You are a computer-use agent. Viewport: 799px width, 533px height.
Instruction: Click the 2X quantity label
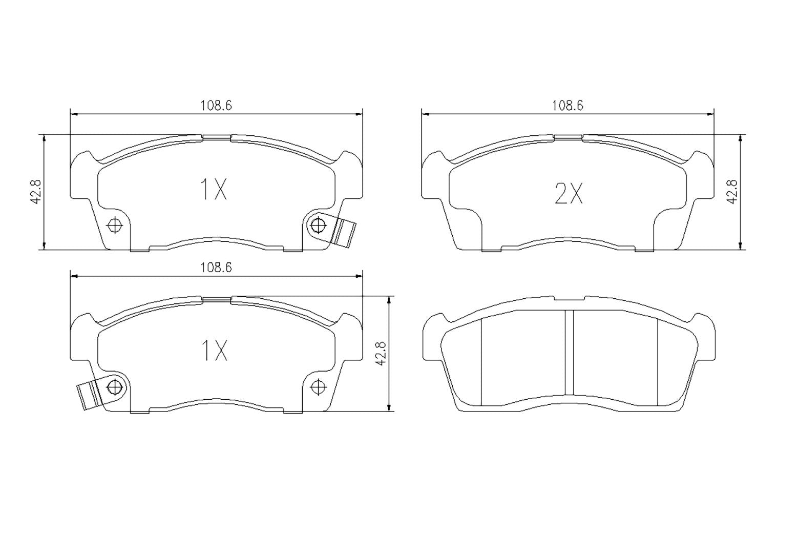569,194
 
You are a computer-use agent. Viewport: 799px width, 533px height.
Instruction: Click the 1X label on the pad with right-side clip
213,190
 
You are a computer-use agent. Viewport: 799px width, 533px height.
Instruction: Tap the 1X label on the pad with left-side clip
213,351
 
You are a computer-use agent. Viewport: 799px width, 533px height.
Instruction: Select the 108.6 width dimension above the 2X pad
567,106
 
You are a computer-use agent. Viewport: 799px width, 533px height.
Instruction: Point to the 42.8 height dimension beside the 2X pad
732,192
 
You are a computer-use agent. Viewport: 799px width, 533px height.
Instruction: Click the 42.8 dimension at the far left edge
35,192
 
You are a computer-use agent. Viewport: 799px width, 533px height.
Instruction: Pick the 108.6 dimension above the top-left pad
216,106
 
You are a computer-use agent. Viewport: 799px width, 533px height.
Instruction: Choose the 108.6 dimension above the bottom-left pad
216,267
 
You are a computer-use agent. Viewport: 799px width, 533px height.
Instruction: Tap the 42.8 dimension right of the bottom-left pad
380,354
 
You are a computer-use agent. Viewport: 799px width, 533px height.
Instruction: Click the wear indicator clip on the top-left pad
343,231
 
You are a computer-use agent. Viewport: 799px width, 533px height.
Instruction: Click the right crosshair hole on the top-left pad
318,224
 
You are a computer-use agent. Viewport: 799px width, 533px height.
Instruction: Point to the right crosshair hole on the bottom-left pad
318,385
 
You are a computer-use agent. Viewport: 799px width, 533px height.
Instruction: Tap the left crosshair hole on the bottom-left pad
115,385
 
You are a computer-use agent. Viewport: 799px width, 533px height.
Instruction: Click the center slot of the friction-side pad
569,353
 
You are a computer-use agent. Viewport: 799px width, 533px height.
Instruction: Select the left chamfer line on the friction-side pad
482,361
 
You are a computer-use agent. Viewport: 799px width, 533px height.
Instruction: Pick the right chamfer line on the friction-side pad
657,361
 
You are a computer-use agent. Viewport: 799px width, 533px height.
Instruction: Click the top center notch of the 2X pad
568,137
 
